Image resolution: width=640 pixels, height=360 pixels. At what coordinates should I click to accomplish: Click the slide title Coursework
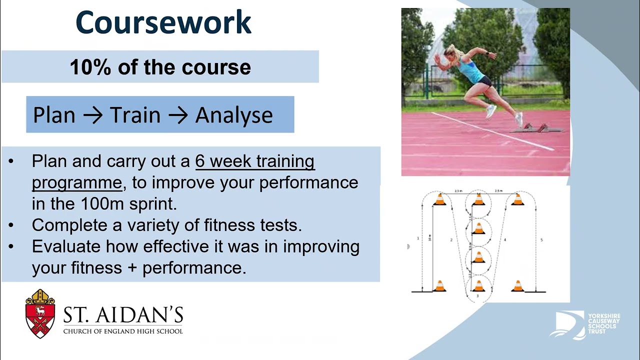click(163, 22)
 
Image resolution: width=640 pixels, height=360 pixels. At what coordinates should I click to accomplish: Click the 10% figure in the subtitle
click(90, 67)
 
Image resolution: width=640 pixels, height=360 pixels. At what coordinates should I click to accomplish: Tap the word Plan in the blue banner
click(53, 115)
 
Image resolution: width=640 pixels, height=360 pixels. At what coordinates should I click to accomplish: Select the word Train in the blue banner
click(135, 115)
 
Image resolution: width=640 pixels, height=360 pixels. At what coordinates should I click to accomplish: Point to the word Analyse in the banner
click(234, 115)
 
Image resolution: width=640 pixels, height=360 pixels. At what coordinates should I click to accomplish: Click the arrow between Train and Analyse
click(177, 115)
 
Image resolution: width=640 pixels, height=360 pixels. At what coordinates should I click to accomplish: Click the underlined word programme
click(76, 182)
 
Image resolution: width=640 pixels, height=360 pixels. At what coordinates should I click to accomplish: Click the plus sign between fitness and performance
click(132, 268)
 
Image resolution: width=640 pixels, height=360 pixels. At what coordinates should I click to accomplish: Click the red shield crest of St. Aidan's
click(40, 314)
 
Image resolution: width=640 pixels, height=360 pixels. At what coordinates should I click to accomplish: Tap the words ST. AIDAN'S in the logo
click(123, 315)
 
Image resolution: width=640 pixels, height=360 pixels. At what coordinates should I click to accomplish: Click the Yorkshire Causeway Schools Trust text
click(604, 324)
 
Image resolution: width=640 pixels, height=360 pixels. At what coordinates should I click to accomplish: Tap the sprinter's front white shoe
click(490, 111)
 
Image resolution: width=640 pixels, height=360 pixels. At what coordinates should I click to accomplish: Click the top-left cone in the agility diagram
click(439, 199)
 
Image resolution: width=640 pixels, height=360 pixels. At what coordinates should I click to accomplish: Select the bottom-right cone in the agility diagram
click(517, 286)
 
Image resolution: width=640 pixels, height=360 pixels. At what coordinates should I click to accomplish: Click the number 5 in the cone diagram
click(541, 240)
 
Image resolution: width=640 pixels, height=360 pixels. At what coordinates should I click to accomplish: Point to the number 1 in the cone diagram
click(418, 238)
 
